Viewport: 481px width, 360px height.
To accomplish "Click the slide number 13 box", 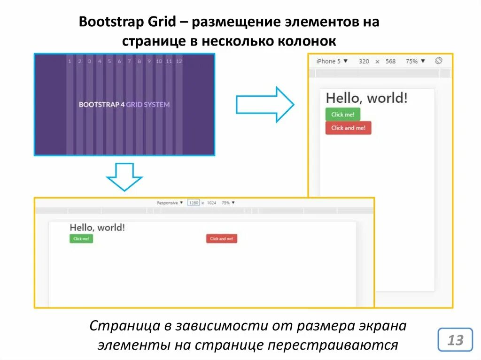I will point(455,340).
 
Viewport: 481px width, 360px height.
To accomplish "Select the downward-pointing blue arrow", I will point(124,176).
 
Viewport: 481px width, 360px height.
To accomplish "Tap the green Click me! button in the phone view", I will point(342,115).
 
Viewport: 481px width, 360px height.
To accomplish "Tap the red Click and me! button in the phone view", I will point(348,128).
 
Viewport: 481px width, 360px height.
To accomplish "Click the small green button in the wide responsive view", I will point(81,239).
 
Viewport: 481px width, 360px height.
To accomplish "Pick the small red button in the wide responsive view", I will point(221,239).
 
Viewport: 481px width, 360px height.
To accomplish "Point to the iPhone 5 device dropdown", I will point(332,61).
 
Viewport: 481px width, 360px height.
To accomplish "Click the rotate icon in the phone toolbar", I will point(439,61).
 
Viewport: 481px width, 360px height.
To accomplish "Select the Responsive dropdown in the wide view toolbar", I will point(170,203).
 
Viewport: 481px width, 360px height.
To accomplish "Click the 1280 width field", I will point(194,203).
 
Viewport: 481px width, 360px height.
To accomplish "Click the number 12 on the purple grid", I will point(179,61).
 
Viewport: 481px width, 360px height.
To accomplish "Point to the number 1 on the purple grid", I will point(70,61).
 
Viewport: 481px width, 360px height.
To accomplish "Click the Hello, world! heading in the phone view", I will point(366,98).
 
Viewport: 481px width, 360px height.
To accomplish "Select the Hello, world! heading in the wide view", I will point(97,228).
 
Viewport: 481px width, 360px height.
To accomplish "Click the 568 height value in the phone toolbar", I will point(390,61).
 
